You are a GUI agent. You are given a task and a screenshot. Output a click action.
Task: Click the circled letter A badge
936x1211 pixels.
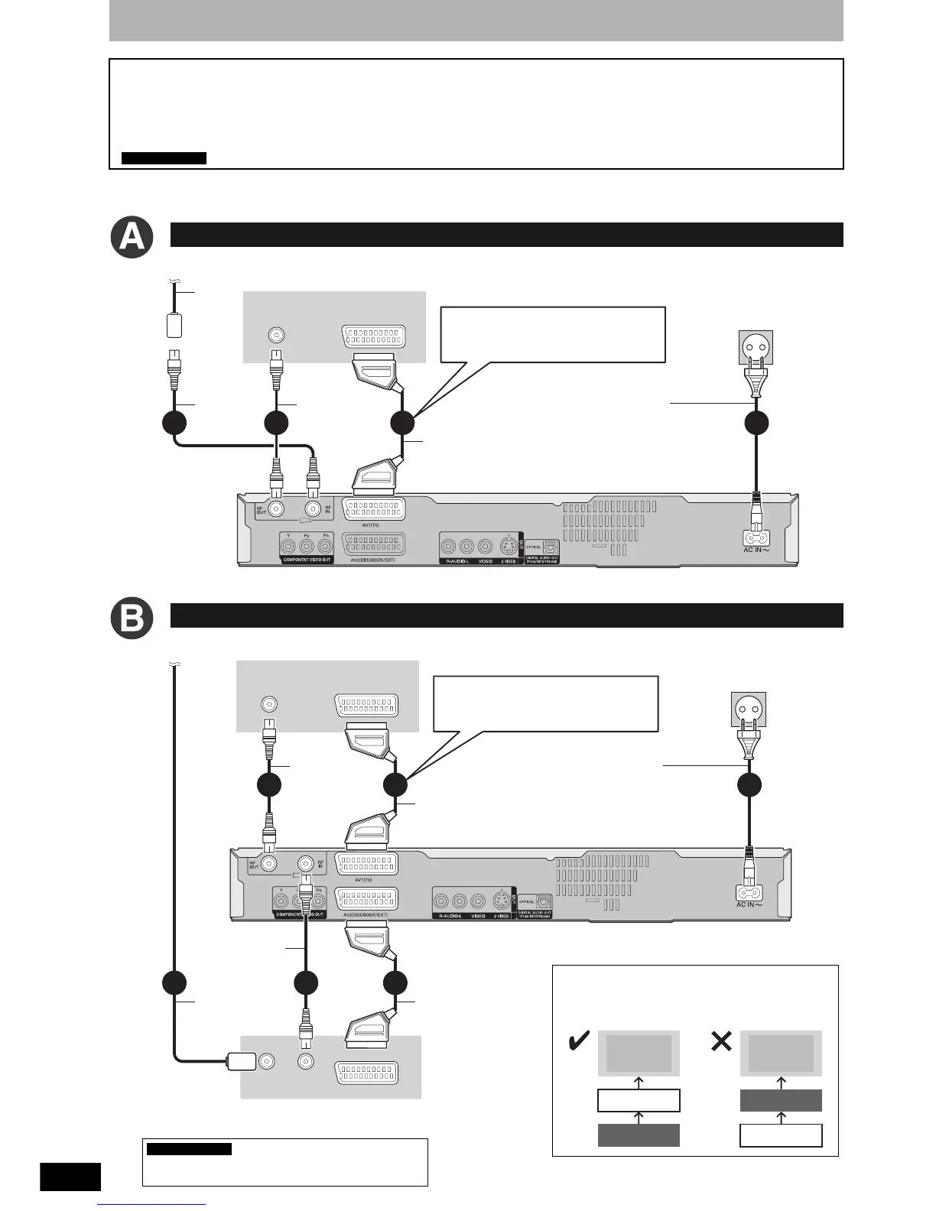tap(132, 239)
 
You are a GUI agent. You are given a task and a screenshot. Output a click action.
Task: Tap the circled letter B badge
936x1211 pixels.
tap(132, 619)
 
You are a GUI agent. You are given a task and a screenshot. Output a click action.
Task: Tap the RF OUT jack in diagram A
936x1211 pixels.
tap(275, 509)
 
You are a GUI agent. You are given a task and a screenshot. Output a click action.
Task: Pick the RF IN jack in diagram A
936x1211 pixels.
tap(312, 509)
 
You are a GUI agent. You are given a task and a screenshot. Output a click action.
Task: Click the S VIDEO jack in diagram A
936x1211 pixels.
tap(507, 546)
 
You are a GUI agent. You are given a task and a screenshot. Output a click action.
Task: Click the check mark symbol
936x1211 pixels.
tap(580, 1041)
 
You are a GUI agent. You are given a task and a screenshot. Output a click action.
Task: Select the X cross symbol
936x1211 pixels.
tap(721, 1041)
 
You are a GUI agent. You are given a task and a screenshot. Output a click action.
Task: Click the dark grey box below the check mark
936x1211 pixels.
tap(638, 1135)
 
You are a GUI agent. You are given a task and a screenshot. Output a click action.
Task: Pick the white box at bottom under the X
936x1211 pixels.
tap(781, 1135)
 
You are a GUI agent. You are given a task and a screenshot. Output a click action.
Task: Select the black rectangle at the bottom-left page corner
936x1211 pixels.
tap(70, 1177)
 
